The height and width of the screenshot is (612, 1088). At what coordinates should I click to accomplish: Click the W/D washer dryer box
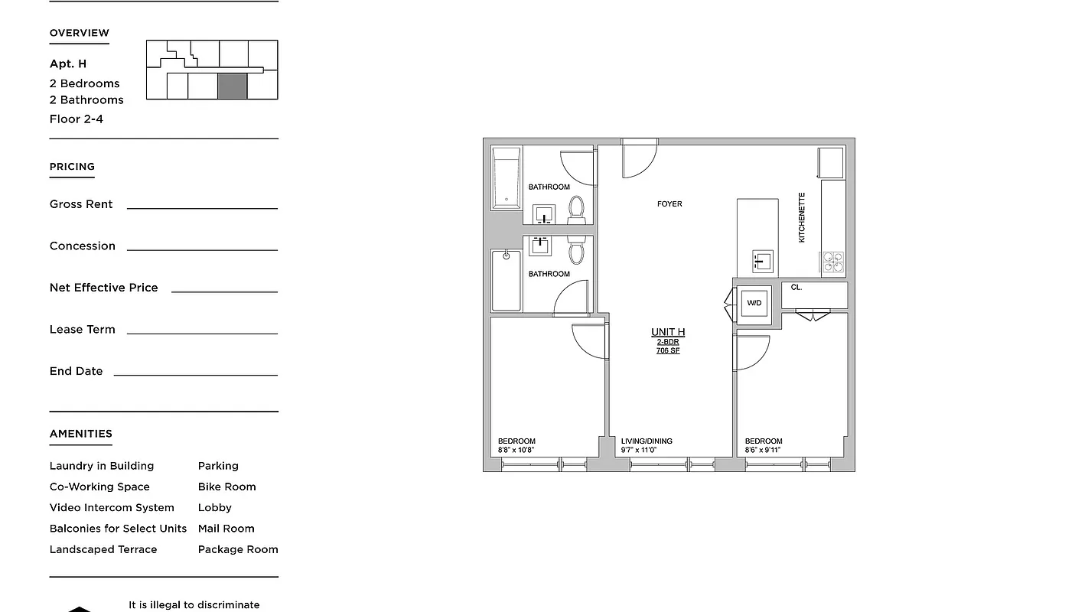754,303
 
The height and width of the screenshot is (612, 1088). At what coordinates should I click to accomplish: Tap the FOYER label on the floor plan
669,203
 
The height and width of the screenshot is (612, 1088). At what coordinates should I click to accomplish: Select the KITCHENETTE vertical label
802,217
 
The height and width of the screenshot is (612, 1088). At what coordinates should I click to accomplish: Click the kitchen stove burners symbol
832,262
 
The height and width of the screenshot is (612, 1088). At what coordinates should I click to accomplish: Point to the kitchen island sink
762,262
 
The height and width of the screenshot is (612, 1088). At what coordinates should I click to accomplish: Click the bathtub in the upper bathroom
506,178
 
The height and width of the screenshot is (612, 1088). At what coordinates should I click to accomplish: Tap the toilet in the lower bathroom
576,251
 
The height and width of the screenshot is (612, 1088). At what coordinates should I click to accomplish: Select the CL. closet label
796,288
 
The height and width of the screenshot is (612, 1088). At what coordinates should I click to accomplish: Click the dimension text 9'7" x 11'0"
639,451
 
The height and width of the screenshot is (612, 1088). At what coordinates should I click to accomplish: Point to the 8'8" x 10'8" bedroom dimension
516,451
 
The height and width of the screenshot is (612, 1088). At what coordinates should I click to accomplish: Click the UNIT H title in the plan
668,332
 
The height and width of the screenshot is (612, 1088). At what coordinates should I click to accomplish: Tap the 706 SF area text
668,350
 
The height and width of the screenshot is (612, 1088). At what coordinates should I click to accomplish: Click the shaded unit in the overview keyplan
233,86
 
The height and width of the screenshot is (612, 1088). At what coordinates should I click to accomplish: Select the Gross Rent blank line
202,207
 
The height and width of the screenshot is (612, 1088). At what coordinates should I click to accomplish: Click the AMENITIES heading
81,434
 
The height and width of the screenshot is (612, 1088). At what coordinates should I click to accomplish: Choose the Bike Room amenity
227,487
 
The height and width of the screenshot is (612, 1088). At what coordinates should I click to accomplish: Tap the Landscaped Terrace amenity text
103,549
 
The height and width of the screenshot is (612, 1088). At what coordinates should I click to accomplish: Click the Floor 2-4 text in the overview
77,119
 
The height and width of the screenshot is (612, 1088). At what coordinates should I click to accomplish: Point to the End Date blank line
195,374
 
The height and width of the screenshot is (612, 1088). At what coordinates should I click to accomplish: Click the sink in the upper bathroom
545,214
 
